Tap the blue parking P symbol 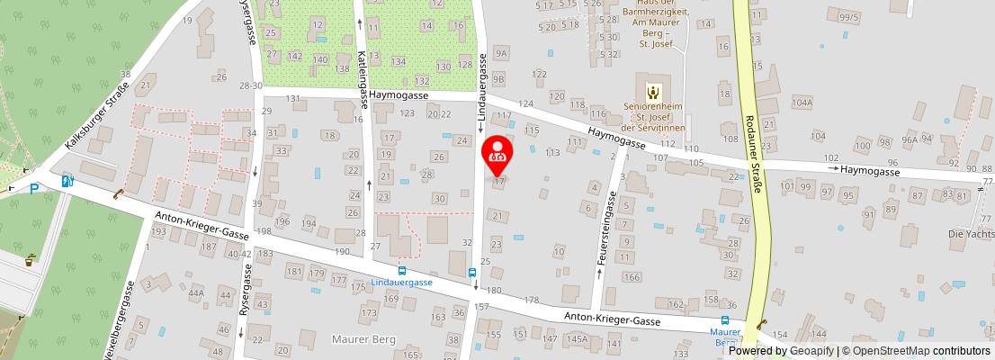tap(33, 188)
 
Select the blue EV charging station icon tap(67, 181)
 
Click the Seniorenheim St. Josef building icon tap(654, 90)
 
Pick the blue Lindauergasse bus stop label tap(401, 282)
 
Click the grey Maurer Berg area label tap(364, 339)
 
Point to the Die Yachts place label tap(969, 233)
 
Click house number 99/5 tap(848, 17)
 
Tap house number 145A tap(577, 339)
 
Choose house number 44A tap(196, 292)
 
